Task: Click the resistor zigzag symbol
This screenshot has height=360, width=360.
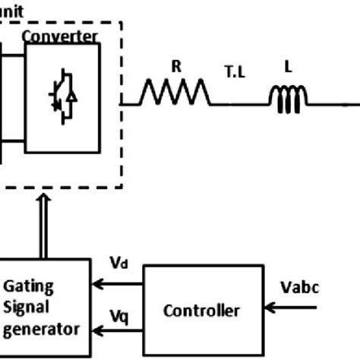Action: [174, 94]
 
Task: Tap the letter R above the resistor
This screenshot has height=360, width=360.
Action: [175, 67]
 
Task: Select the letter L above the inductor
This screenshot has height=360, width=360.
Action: [288, 67]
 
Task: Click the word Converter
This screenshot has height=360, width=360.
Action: [59, 36]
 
